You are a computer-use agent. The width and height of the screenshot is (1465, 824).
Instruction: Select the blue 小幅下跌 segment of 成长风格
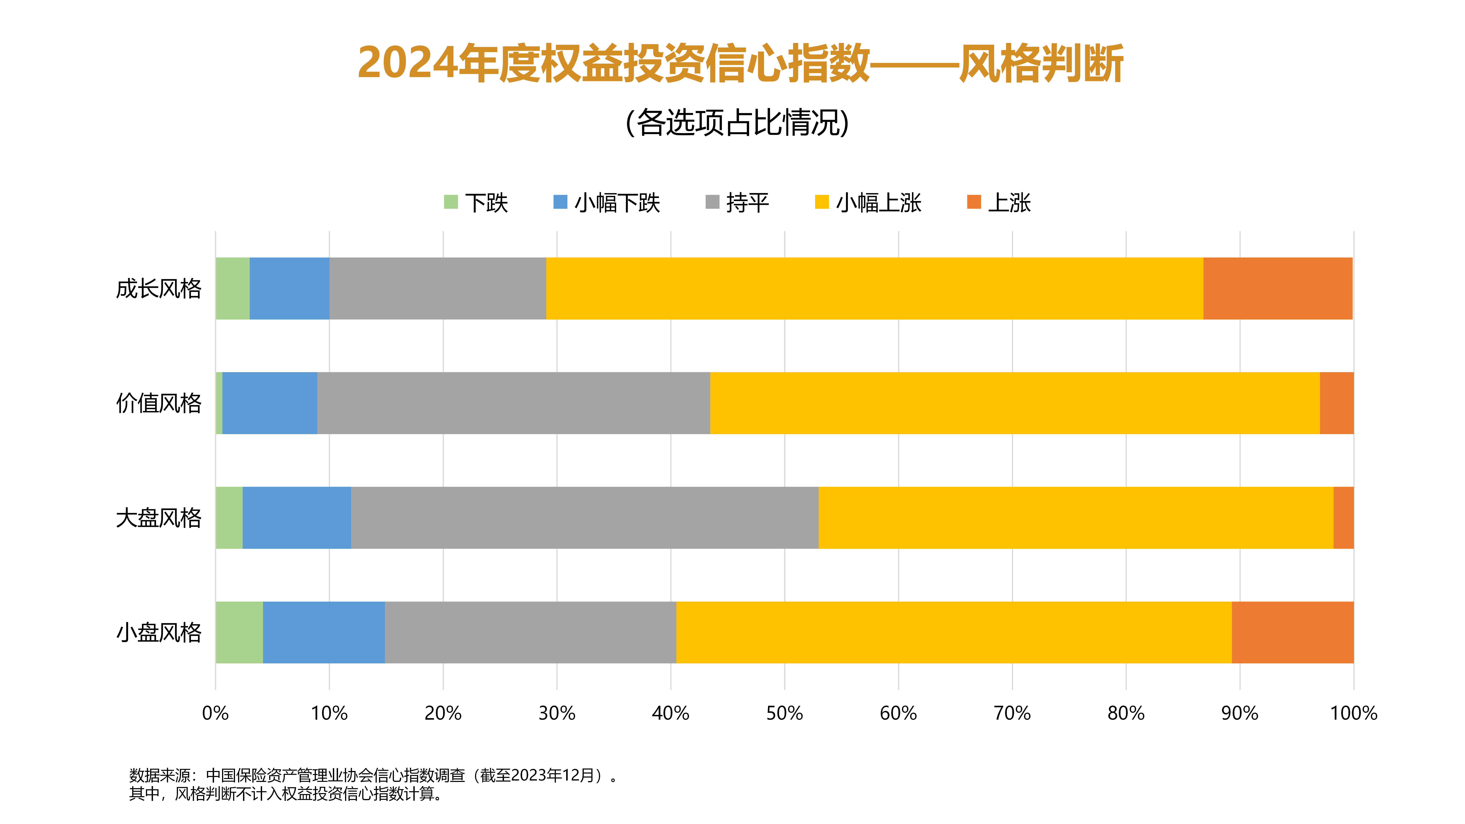[289, 288]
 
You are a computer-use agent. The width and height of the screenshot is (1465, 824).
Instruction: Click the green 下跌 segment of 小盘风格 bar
[239, 632]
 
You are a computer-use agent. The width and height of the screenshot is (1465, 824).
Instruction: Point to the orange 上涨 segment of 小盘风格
[1292, 632]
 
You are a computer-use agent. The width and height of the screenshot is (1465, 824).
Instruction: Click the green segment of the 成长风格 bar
[232, 288]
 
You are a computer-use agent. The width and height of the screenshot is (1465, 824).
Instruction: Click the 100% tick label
[1353, 713]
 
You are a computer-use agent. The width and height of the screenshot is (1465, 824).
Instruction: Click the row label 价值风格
[159, 403]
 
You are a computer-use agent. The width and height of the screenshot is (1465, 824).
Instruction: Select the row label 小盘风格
[159, 632]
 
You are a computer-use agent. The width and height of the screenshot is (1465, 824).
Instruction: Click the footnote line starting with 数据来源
[373, 775]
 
